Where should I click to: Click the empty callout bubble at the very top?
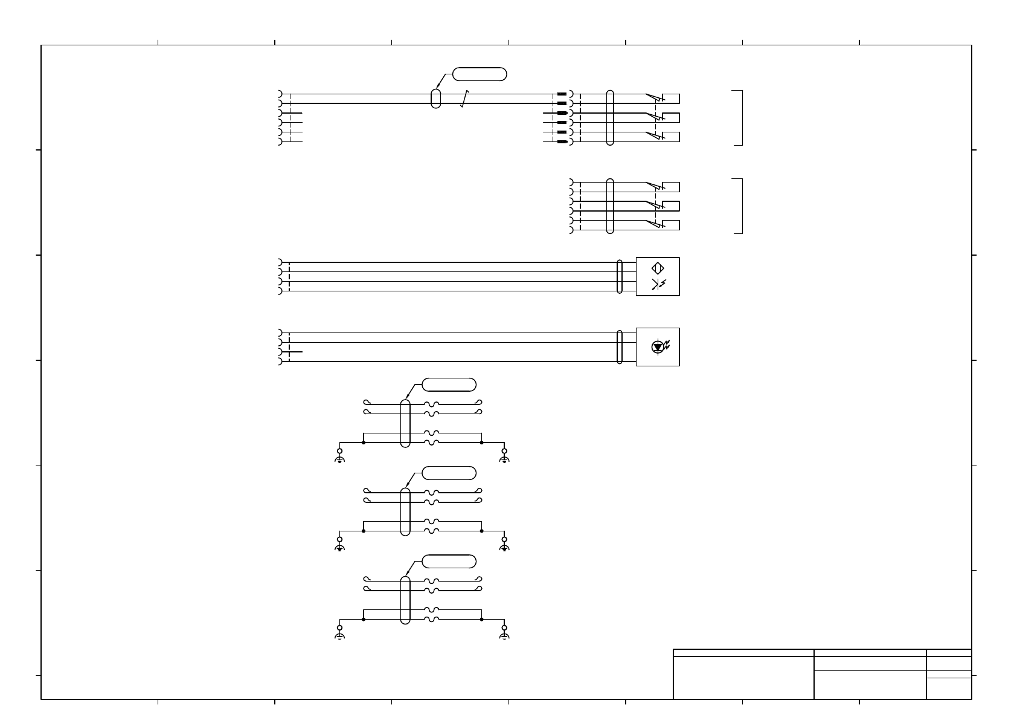[x=480, y=74]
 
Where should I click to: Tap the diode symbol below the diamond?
[x=658, y=285]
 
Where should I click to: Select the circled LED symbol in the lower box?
[x=658, y=347]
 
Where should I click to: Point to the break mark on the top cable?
[x=464, y=99]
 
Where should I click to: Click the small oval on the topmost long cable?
[x=435, y=99]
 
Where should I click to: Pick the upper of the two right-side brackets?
[x=738, y=118]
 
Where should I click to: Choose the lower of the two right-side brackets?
[x=738, y=206]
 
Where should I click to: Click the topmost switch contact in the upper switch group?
[x=653, y=97]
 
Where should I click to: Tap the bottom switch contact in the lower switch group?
[x=653, y=224]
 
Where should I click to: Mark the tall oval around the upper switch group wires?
[x=610, y=118]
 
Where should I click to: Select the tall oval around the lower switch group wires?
[x=610, y=206]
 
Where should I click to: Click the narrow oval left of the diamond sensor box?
[x=620, y=277]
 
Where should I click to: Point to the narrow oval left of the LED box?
[x=620, y=347]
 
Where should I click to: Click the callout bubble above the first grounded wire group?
[x=449, y=384]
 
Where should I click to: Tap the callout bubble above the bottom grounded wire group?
[x=449, y=561]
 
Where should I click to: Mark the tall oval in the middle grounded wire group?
[x=405, y=511]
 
